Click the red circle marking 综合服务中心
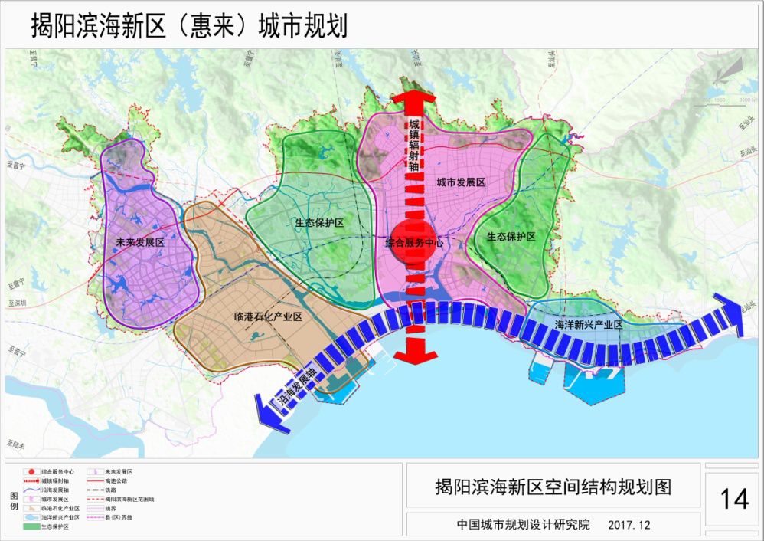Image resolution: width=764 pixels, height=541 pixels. click(x=413, y=241)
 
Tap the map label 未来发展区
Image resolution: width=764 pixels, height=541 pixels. click(x=140, y=242)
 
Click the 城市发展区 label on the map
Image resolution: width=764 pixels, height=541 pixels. click(x=462, y=182)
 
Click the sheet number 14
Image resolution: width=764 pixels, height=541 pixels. click(x=733, y=499)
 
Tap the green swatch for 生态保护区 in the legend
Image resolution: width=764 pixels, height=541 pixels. click(x=30, y=526)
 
